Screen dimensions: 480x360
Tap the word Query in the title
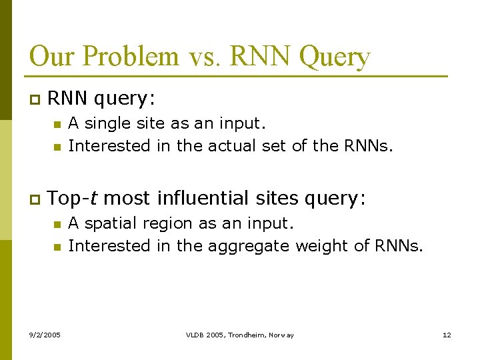tap(334, 56)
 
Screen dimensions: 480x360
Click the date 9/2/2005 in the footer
tap(44, 335)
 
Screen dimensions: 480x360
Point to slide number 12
tap(447, 335)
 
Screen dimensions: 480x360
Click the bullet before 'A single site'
tap(57, 124)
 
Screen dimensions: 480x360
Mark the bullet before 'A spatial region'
tap(57, 224)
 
